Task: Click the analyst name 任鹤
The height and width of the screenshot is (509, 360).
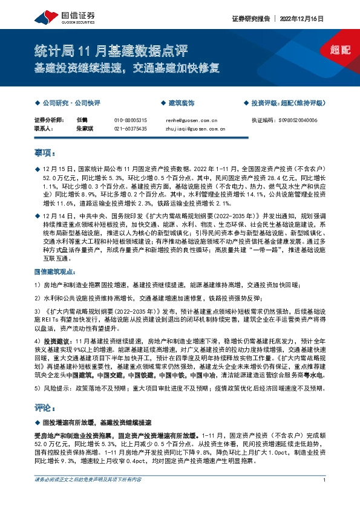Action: coord(83,120)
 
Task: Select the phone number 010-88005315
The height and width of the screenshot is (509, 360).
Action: coord(130,120)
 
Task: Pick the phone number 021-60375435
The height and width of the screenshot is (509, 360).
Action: coord(130,129)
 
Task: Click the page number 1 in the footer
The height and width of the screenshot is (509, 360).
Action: coord(325,497)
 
